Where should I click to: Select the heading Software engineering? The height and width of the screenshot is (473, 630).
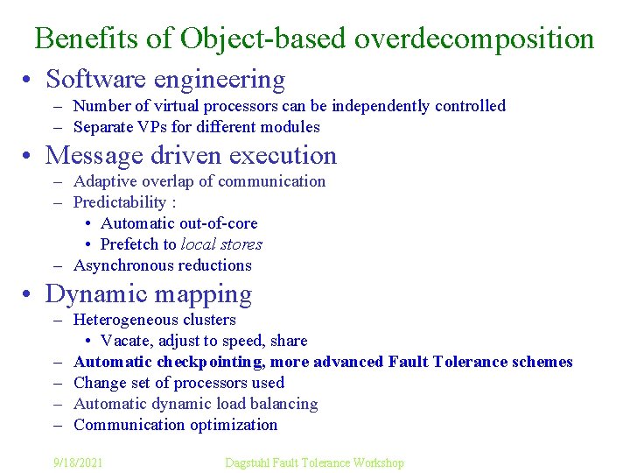coord(165,80)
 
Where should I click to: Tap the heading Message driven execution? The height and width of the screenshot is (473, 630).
coord(191,156)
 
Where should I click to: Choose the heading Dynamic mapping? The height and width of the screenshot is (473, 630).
coord(149,294)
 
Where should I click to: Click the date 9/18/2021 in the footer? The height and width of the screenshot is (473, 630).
coord(77,462)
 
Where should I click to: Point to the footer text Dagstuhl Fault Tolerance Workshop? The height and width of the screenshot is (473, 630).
coord(314,462)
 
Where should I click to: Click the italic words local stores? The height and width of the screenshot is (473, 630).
coord(221,244)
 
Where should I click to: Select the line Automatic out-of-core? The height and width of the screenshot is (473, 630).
coord(178,223)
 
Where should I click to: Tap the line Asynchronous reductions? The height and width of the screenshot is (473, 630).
coord(163,265)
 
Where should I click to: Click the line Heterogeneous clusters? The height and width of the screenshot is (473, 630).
coord(155,320)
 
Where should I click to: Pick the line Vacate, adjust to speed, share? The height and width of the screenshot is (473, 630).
coord(204,341)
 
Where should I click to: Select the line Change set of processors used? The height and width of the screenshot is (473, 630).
coord(178,383)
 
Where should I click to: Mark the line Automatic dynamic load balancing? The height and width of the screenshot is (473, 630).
coord(196,404)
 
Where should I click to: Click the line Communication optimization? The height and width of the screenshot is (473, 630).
coord(175,425)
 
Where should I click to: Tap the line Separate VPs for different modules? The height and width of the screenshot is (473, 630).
coord(197,127)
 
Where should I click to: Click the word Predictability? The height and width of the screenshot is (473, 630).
coord(120,202)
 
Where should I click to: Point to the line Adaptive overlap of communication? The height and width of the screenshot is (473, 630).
coord(199,181)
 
